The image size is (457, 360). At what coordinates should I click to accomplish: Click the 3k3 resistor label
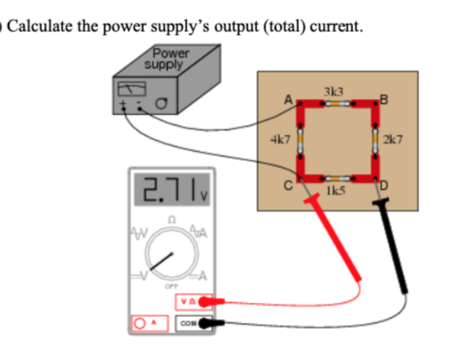(334, 91)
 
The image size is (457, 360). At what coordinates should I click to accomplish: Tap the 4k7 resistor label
(280, 139)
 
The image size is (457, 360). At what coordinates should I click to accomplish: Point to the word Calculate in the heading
(38, 27)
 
